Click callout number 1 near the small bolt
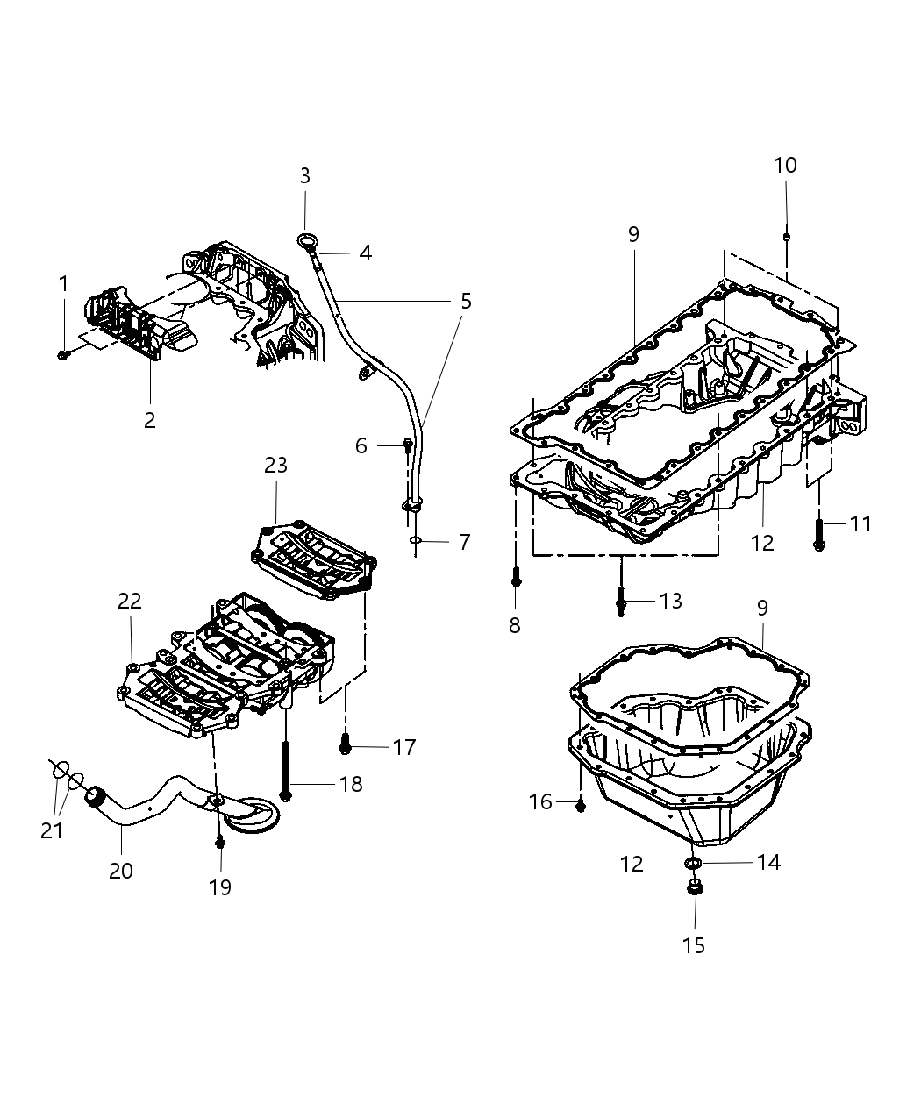click(x=62, y=283)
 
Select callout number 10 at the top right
click(x=785, y=165)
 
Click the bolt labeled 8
click(x=515, y=579)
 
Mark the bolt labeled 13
click(x=621, y=602)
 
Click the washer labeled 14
click(x=693, y=865)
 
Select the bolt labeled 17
click(x=346, y=746)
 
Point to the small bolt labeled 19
click(x=219, y=843)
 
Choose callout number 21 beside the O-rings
click(x=53, y=830)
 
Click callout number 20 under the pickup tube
click(x=121, y=870)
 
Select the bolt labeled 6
click(x=407, y=445)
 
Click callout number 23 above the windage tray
click(x=275, y=465)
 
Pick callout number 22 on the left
click(x=130, y=601)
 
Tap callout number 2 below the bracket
click(x=149, y=419)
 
